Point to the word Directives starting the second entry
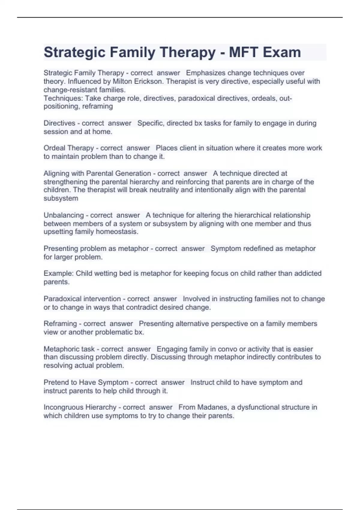(59, 123)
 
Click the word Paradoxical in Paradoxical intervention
(62, 299)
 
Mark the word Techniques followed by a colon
(63, 98)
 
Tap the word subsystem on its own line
(61, 198)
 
